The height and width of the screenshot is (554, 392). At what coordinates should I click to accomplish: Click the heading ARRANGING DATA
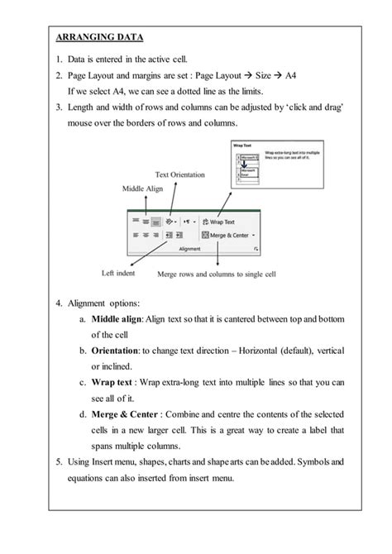(99, 37)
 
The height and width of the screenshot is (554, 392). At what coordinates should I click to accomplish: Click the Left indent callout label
(120, 272)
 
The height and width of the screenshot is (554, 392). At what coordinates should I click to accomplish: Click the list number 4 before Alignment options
(59, 303)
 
